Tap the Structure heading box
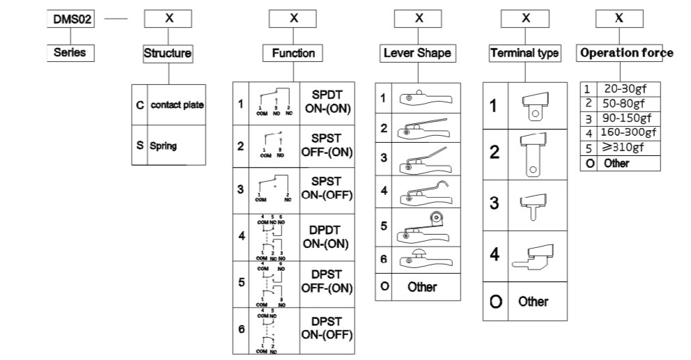click(167, 52)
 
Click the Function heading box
click(293, 52)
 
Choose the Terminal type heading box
click(525, 53)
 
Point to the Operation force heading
click(626, 53)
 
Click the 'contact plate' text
click(177, 105)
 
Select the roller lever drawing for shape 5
click(424, 226)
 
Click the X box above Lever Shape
click(418, 19)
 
